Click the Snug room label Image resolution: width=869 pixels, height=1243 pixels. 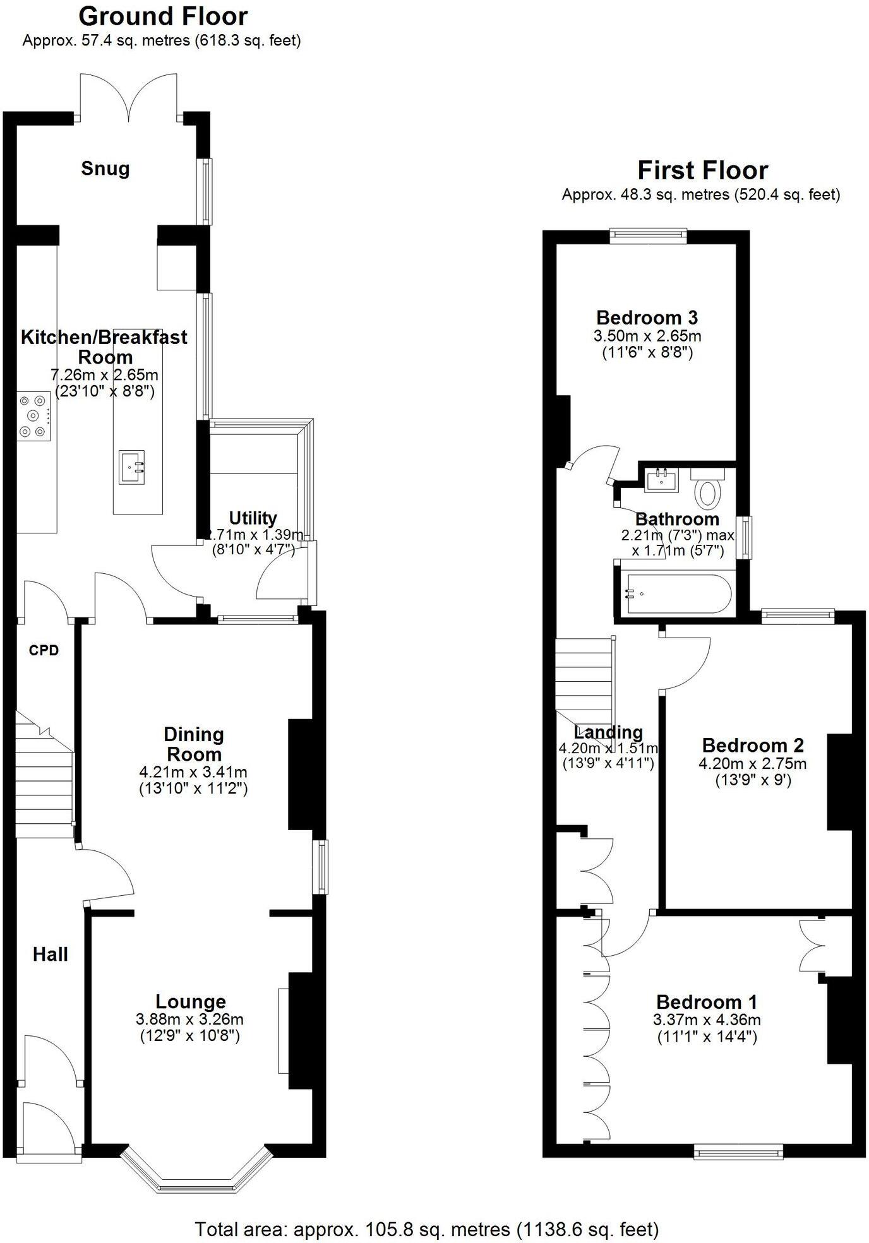click(x=105, y=169)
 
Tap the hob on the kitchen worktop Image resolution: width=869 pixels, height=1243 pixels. click(x=33, y=416)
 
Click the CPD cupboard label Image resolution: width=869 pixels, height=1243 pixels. click(x=44, y=650)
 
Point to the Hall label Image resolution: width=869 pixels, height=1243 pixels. click(x=51, y=954)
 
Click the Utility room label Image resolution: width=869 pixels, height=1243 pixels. click(x=253, y=518)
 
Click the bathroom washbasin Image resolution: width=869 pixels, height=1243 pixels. click(x=661, y=480)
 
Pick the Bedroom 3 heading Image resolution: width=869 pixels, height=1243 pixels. click(x=647, y=318)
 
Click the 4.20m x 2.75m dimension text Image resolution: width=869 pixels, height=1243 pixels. click(x=752, y=764)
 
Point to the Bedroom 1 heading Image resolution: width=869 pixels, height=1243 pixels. click(x=706, y=1001)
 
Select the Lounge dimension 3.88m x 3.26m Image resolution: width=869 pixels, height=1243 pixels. click(x=189, y=1019)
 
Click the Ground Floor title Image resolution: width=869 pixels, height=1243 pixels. click(x=163, y=16)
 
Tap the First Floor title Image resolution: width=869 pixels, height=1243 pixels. click(x=702, y=170)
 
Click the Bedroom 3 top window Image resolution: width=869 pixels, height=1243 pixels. click(x=648, y=236)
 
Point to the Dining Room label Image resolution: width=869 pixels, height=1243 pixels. click(x=193, y=744)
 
